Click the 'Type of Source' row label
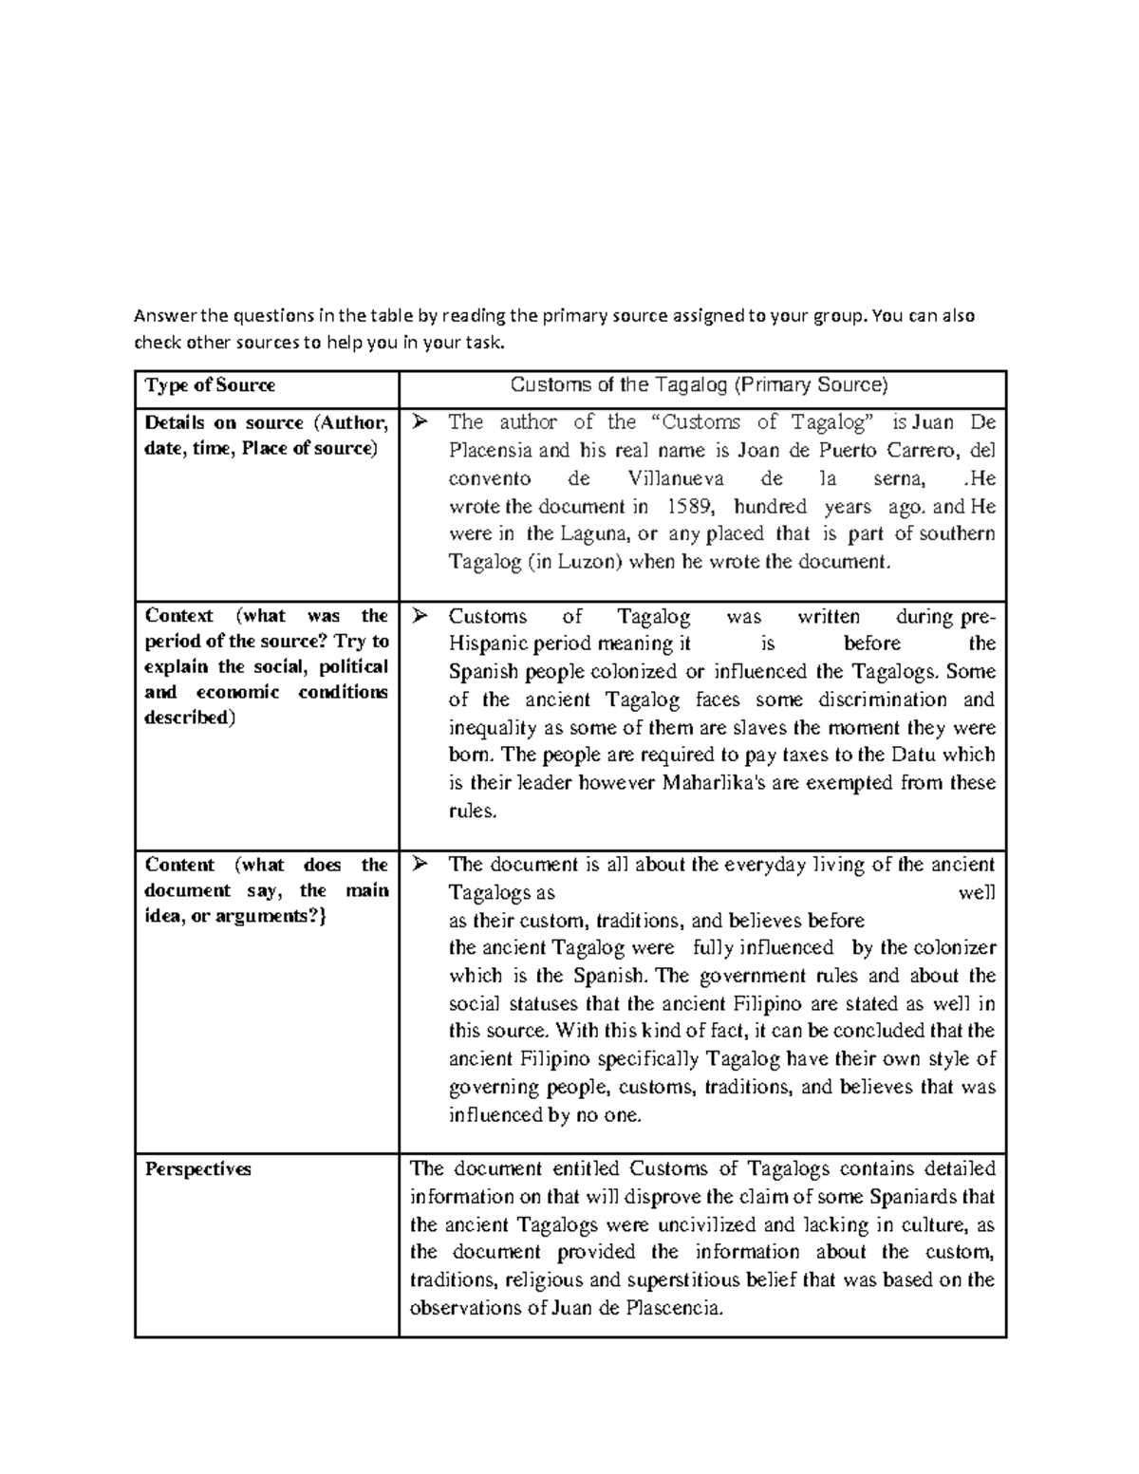[209, 385]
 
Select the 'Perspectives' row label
[197, 1169]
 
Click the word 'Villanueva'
[676, 478]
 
